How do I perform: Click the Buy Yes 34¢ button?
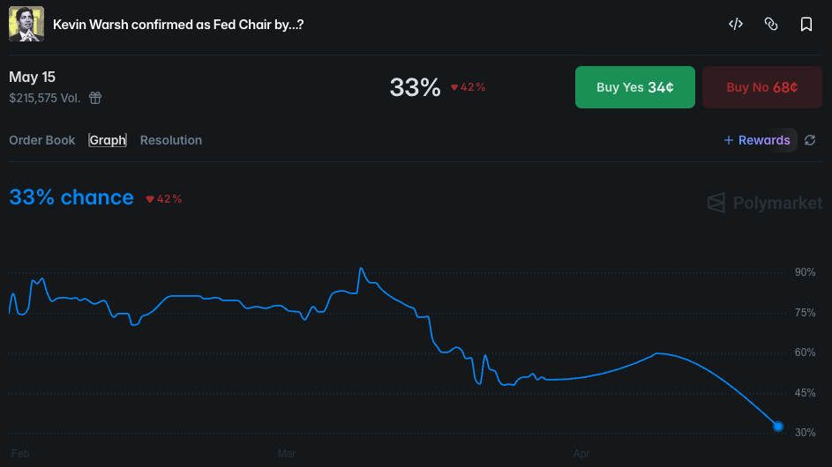point(634,87)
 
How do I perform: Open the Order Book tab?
point(42,140)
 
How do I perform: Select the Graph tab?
point(108,140)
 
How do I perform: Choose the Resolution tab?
point(171,140)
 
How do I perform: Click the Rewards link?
point(757,140)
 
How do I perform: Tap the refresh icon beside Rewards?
point(810,140)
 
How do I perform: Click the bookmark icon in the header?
point(806,25)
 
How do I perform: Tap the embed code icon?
point(735,25)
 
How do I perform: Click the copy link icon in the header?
point(770,25)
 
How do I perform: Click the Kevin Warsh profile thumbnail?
point(26,25)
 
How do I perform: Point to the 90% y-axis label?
point(805,272)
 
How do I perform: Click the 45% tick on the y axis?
point(805,393)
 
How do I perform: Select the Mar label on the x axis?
point(287,454)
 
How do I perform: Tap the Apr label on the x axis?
point(581,454)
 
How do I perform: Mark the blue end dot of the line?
point(778,426)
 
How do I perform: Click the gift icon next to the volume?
point(95,98)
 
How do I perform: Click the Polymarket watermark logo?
point(765,204)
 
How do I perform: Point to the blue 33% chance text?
point(71,197)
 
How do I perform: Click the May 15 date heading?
point(33,78)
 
